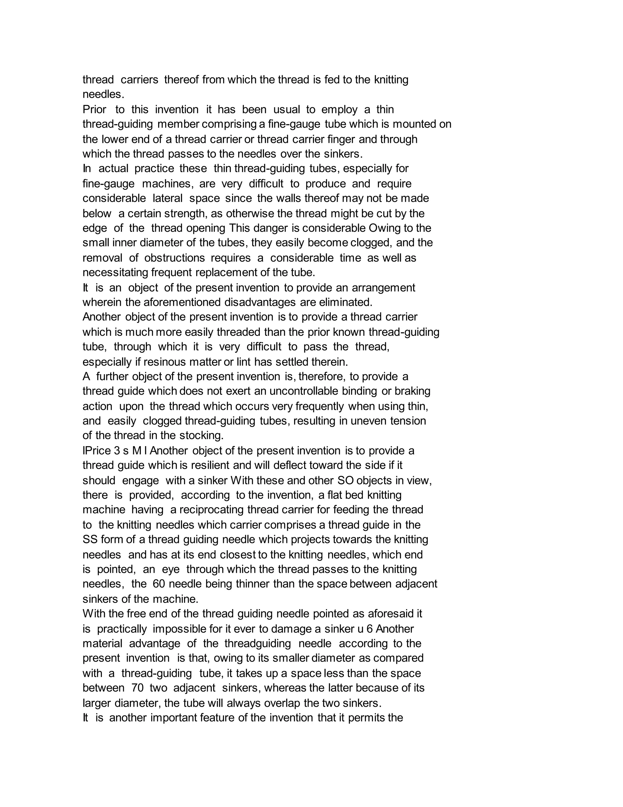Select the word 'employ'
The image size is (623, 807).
pyautogui.click(x=339, y=110)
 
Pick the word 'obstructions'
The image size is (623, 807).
pyautogui.click(x=174, y=258)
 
